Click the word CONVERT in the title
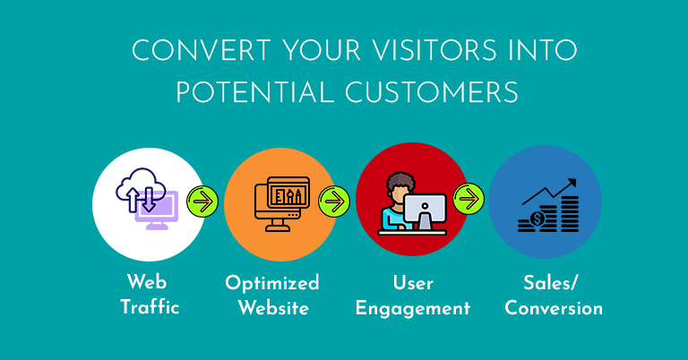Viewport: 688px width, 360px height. pos(202,50)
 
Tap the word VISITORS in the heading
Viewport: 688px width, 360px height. pos(434,50)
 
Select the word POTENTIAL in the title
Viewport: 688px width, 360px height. pos(255,92)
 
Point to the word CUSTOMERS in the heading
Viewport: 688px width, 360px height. pos(431,92)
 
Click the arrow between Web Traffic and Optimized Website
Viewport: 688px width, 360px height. pos(202,201)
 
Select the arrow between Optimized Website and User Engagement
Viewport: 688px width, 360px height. pos(334,201)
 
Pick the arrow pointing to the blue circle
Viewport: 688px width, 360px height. pos(469,199)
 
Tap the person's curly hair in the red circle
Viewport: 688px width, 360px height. pos(400,181)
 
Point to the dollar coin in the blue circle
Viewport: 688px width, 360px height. pos(537,219)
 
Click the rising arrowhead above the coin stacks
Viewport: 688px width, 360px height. pos(571,183)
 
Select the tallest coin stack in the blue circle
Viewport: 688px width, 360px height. pos(570,214)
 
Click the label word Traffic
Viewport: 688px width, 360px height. pos(150,307)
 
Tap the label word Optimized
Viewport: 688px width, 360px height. pos(272,283)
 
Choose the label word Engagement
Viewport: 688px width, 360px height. pos(413,309)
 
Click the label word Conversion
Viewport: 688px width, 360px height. pos(554,308)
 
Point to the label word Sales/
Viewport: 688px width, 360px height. pos(551,283)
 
